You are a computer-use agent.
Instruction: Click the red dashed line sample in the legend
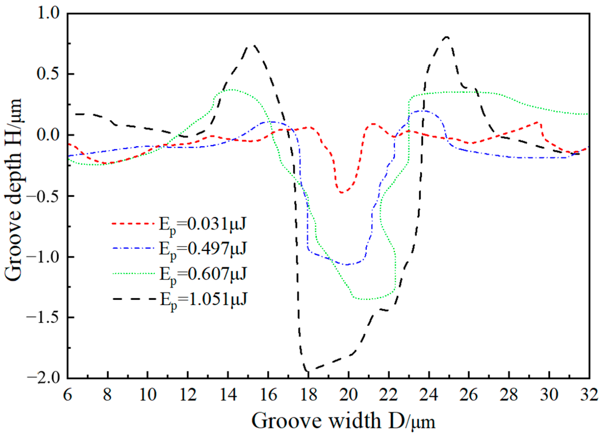133,224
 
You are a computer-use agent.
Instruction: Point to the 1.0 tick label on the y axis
48,14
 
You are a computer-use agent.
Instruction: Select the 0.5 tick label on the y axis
48,74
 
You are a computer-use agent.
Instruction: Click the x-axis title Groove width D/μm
343,421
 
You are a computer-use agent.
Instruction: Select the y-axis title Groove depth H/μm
13,190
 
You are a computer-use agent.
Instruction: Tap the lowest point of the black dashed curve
307,371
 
